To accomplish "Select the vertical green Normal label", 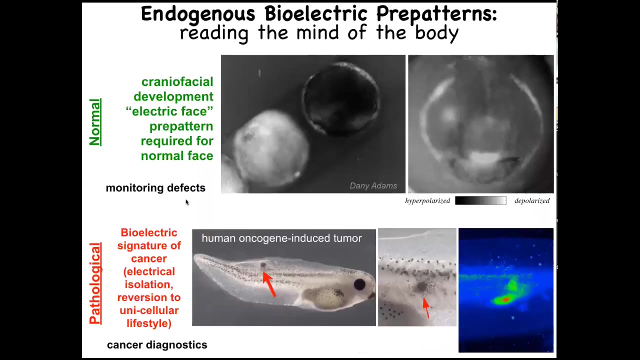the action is [x=95, y=122].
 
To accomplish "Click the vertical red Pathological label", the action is [x=95, y=283].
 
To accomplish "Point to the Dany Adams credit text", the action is [x=373, y=185].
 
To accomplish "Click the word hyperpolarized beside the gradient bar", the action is [x=427, y=201].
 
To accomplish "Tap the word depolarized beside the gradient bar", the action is [x=532, y=201].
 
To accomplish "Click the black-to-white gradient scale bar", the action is [x=480, y=200].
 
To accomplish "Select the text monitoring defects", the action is [x=155, y=187].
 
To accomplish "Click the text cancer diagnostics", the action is [x=157, y=345].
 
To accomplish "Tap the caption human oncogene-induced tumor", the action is [x=281, y=238].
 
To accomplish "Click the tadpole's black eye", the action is [x=359, y=284].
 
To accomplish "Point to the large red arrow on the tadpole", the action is [x=269, y=284].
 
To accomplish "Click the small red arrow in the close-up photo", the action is [x=426, y=307].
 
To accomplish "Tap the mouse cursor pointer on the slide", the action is [x=187, y=202].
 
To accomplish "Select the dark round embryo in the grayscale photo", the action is [x=341, y=99].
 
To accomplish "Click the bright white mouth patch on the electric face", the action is [x=484, y=157].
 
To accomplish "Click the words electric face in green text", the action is [x=169, y=111].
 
